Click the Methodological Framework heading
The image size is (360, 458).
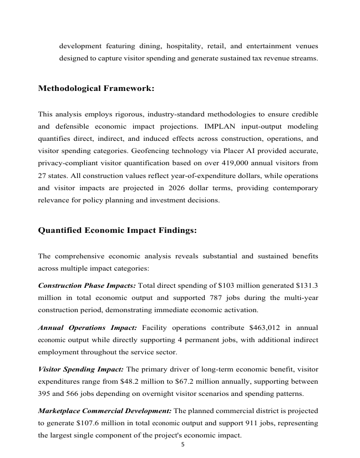[96, 89]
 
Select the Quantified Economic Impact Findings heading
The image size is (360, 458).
[117, 230]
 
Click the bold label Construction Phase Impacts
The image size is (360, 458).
[86, 286]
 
